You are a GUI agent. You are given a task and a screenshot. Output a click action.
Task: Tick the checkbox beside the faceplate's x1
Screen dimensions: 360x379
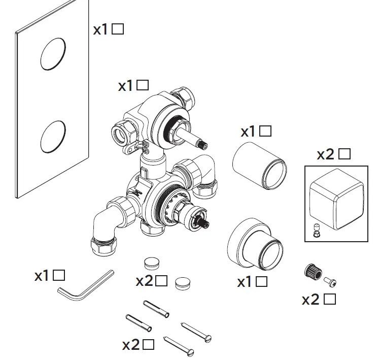click(118, 29)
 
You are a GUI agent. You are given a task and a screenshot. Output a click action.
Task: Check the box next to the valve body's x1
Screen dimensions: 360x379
click(143, 85)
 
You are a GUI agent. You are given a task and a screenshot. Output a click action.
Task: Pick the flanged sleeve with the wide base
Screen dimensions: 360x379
click(253, 245)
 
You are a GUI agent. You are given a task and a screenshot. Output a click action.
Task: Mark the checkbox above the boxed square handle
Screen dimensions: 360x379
click(345, 153)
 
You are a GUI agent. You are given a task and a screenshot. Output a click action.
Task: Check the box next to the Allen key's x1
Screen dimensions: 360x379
click(59, 276)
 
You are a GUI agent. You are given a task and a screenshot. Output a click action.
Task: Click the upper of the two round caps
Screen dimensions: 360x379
click(151, 263)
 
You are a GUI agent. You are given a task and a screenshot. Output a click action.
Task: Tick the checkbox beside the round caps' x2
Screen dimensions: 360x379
click(161, 280)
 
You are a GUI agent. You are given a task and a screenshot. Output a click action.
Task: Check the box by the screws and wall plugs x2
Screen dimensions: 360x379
click(148, 345)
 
